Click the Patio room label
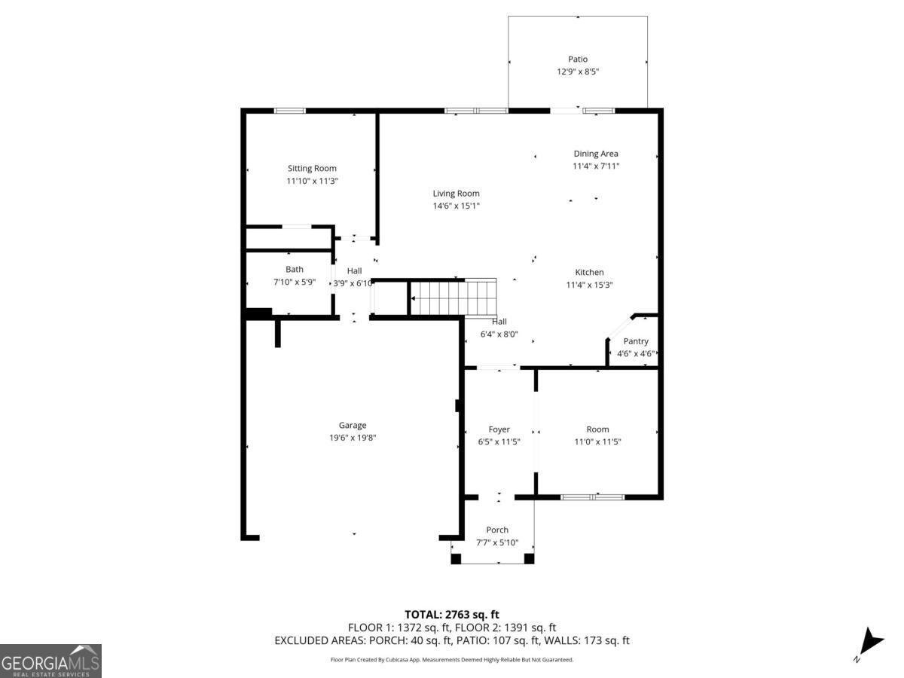point(578,59)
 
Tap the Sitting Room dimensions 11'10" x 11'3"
point(311,181)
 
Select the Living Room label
point(456,194)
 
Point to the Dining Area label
point(596,154)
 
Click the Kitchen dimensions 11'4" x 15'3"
point(589,285)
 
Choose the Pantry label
point(635,341)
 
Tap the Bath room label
point(295,269)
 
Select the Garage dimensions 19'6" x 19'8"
point(353,438)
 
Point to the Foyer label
point(499,429)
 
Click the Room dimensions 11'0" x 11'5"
point(597,442)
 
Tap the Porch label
point(497,530)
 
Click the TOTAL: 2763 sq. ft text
point(452,615)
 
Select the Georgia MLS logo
point(50,661)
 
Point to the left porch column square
point(456,558)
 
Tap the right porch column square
point(529,558)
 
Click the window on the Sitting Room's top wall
point(289,111)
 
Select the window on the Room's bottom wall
point(593,497)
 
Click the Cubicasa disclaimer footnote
point(452,659)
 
